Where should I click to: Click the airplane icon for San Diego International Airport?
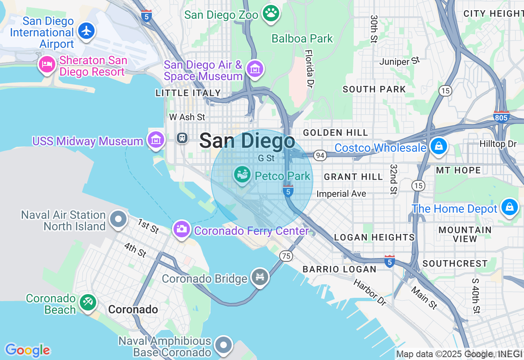pos(86,31)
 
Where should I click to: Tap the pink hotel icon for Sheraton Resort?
pos(47,64)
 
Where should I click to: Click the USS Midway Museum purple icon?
pos(156,140)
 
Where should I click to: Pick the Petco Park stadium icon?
pos(242,175)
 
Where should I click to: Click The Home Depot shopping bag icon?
pos(509,207)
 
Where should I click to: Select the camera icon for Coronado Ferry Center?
pos(181,228)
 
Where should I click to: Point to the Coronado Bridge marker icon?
pos(260,277)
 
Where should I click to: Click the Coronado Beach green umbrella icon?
pos(88,302)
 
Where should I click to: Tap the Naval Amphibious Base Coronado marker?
pos(224,345)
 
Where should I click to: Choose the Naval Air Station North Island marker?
pos(118,219)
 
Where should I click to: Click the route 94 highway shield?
pos(320,155)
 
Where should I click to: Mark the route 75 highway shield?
pos(286,256)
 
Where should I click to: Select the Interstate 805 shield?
pos(501,117)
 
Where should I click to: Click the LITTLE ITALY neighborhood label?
pos(188,93)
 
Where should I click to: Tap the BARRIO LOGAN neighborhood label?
pos(339,269)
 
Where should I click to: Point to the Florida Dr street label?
pos(309,69)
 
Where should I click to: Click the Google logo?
pos(27,350)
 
